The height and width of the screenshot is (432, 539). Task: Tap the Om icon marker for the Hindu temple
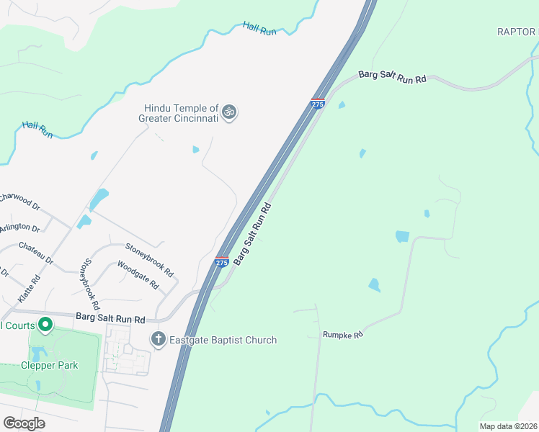coord(230,112)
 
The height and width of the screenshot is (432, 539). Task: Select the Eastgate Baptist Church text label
coord(223,340)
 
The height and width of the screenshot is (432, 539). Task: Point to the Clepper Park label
coord(49,365)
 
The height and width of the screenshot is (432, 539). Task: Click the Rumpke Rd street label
coord(342,334)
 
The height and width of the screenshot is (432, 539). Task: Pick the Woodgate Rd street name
coord(138,274)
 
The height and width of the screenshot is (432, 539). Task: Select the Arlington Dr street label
coord(19,227)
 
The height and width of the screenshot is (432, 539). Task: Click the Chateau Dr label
coord(36,253)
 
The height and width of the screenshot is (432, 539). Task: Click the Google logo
coord(24,423)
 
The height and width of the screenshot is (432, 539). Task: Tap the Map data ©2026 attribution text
coord(508,426)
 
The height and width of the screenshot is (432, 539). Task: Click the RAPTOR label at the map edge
coord(517,32)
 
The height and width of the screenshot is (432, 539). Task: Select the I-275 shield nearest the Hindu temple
coord(318,104)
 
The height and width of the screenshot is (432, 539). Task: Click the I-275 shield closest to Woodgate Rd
coord(222,262)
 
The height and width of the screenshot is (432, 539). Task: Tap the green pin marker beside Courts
coord(45,325)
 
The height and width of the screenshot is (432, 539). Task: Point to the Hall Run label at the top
coord(259,27)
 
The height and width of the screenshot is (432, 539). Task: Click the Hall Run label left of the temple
coord(37,130)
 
